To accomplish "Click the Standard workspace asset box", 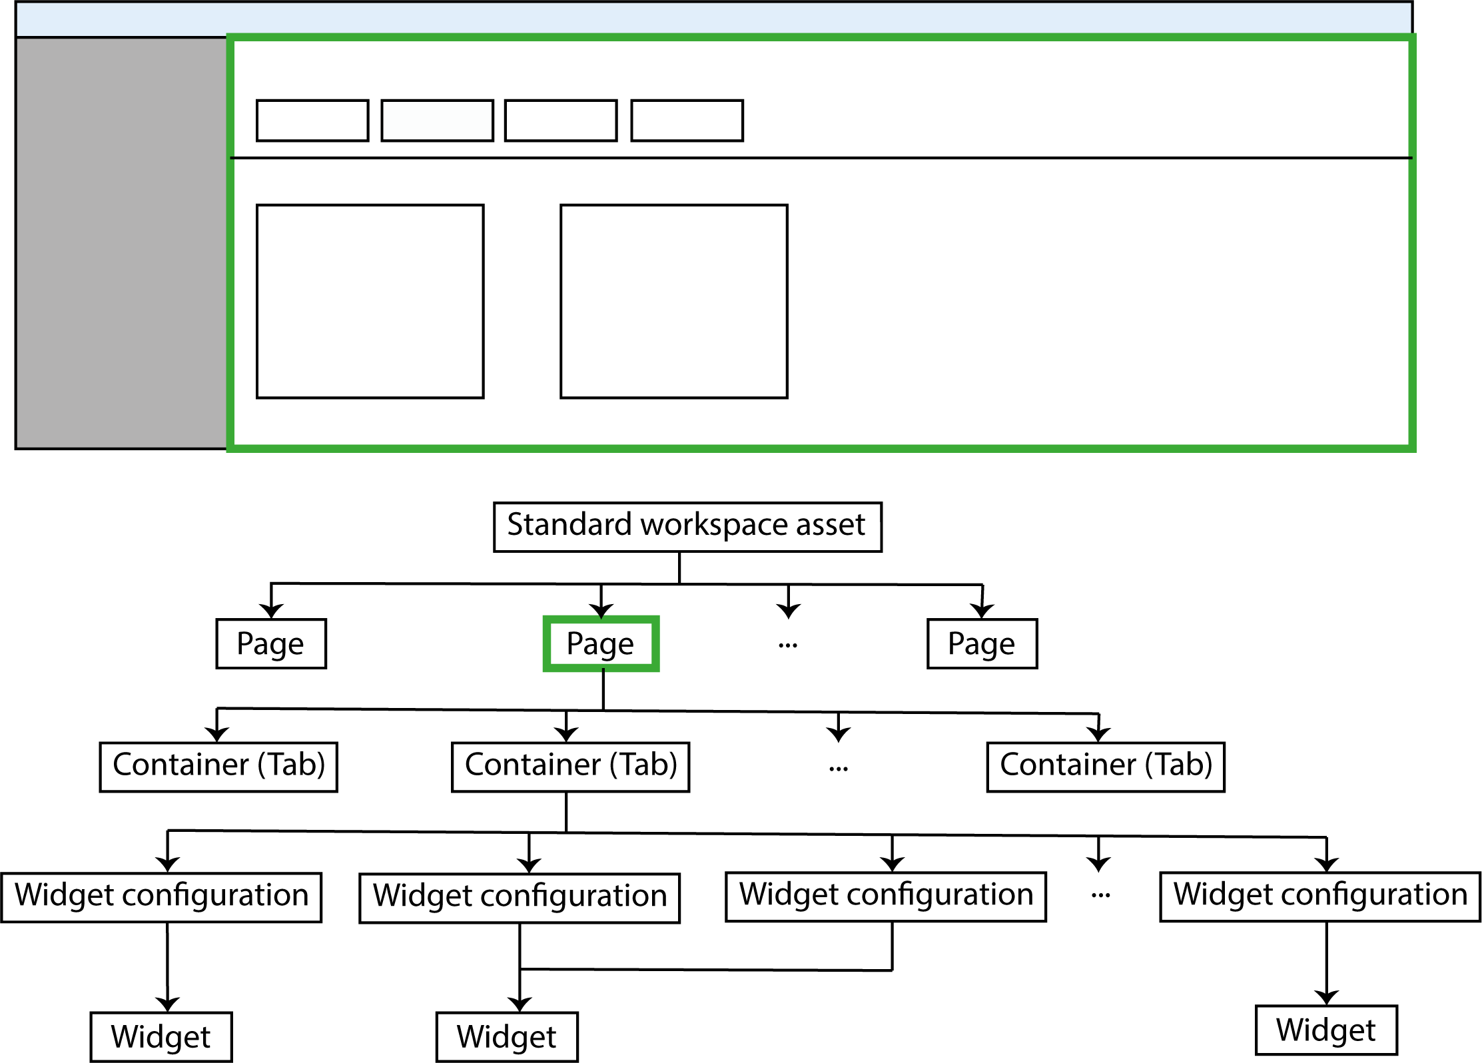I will click(687, 527).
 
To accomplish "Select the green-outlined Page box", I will click(601, 643).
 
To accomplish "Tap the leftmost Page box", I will click(271, 643).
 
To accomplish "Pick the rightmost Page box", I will click(982, 643).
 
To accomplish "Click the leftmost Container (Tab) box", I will click(218, 767).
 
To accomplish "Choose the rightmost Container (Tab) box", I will click(1106, 767).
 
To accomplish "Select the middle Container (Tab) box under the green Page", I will click(570, 767).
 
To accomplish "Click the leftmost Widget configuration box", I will click(161, 897).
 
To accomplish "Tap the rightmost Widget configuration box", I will click(1320, 896).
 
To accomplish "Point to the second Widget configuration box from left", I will click(520, 898).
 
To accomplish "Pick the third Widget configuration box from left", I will click(886, 896).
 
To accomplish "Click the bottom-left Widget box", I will click(161, 1036).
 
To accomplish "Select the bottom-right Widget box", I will click(1326, 1030).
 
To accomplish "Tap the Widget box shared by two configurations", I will click(507, 1036).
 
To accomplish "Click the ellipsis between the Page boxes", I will click(788, 645).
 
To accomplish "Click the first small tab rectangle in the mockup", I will click(312, 121).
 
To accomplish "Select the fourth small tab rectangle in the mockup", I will click(687, 121).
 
